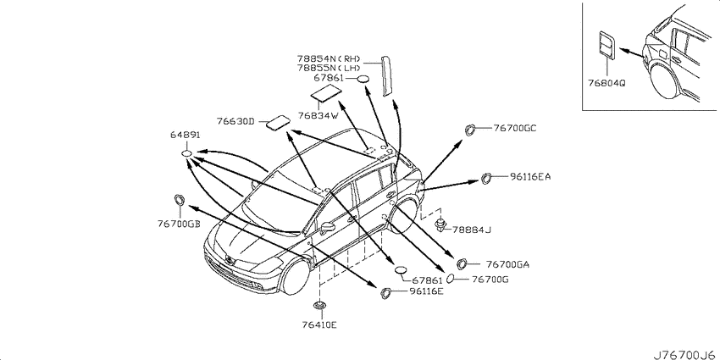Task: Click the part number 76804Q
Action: click(606, 84)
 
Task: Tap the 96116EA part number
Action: click(530, 176)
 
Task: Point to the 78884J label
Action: click(472, 230)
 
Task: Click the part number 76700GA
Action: click(508, 264)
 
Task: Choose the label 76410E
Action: click(319, 325)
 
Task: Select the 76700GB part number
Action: click(178, 224)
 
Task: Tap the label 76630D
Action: click(235, 121)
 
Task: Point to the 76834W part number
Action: click(318, 116)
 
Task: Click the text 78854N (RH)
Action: click(329, 58)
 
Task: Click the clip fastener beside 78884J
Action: click(441, 225)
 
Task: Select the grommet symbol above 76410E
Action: click(319, 305)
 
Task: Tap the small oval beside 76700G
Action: click(451, 279)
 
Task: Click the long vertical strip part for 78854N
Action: click(386, 75)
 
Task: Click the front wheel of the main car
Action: click(296, 277)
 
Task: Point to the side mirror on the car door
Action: click(329, 227)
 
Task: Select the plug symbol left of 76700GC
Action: click(470, 130)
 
